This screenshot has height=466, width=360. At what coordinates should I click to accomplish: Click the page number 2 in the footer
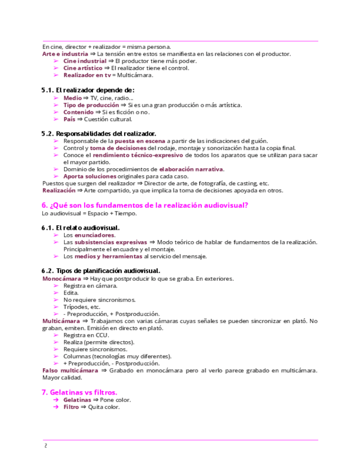[46, 446]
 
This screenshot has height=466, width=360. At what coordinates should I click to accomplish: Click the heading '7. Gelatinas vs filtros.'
[80, 392]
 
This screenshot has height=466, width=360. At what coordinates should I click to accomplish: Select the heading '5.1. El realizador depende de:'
[88, 90]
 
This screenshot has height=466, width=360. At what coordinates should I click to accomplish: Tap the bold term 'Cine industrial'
[85, 61]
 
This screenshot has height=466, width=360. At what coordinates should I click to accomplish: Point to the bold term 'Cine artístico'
[82, 68]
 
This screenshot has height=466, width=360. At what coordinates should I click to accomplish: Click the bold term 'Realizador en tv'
[86, 75]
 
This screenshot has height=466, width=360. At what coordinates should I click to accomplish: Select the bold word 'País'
[69, 119]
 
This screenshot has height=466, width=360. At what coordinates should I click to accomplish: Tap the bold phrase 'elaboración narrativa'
[191, 169]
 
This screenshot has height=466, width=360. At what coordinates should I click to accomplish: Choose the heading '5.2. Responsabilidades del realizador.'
[99, 134]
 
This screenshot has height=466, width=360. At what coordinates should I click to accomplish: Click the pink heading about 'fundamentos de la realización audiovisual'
[145, 206]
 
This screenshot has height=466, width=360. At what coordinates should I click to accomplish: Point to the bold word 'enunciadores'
[95, 235]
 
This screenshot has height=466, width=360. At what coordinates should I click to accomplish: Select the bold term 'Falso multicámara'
[70, 370]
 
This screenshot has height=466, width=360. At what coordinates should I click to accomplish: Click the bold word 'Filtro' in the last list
[71, 407]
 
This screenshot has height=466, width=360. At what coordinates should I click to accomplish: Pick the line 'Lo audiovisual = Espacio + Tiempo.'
[89, 213]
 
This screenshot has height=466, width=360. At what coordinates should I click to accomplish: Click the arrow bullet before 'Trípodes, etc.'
[56, 307]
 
